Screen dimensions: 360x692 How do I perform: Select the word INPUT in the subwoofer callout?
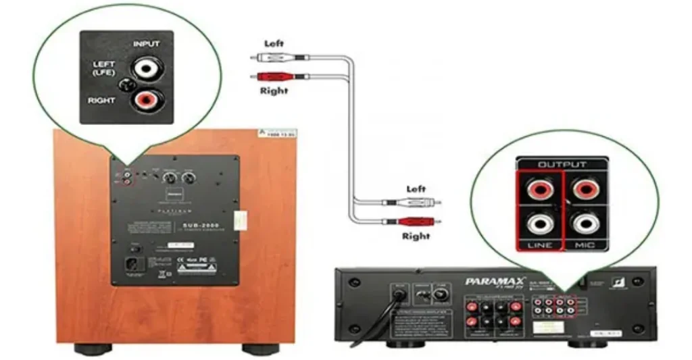point(146,44)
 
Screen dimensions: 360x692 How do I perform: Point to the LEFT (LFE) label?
point(103,68)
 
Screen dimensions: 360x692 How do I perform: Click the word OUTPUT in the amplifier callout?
point(562,164)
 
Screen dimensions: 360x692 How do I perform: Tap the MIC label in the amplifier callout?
point(585,245)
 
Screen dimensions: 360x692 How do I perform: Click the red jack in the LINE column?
point(539,189)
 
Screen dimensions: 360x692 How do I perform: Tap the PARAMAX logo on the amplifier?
point(490,281)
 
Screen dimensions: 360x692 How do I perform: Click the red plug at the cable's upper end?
point(280,76)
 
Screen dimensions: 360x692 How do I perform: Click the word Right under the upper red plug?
point(274,91)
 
